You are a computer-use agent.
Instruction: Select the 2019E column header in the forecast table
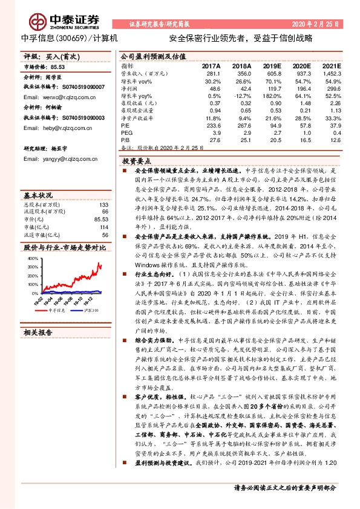[x=272, y=66]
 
